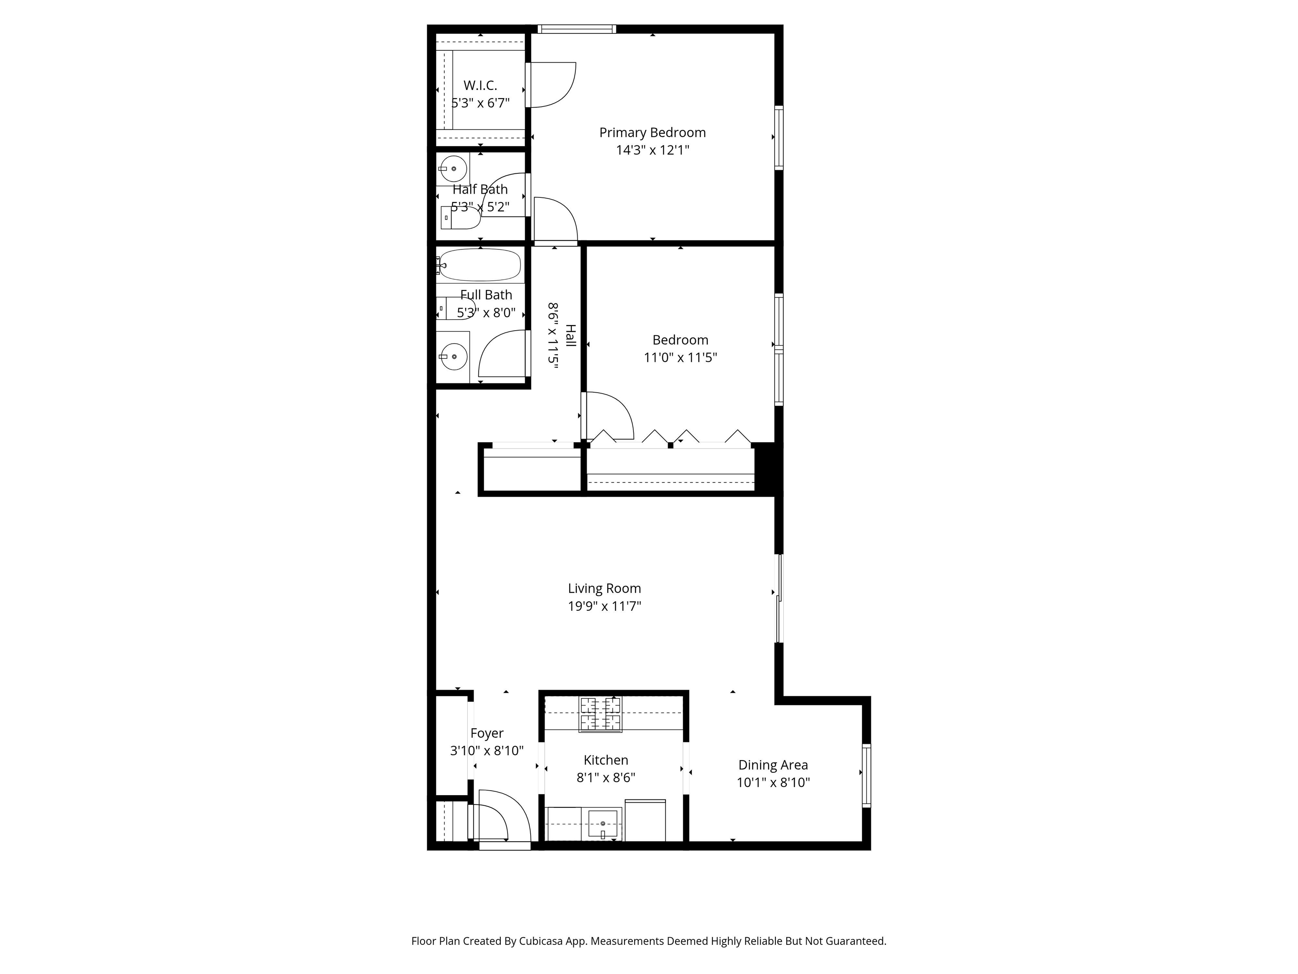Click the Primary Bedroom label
tap(652, 133)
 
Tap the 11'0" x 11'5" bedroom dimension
tap(680, 358)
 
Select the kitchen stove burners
tap(600, 714)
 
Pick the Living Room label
tap(604, 588)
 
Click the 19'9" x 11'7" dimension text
tap(604, 606)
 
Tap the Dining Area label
tap(773, 765)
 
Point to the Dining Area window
tap(866, 775)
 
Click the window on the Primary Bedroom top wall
tap(577, 29)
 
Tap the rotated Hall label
tap(570, 335)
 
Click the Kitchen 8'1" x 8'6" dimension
tap(606, 778)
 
